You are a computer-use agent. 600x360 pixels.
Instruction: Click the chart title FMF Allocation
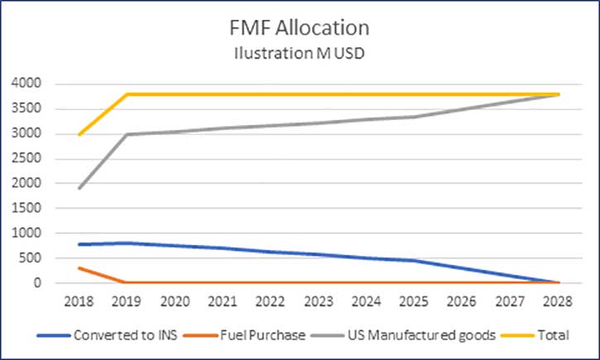pyautogui.click(x=300, y=27)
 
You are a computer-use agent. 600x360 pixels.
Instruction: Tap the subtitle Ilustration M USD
pyautogui.click(x=300, y=55)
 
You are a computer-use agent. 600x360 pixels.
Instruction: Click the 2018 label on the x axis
pyautogui.click(x=79, y=300)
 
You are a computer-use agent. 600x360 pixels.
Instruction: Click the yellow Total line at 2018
pyautogui.click(x=79, y=134)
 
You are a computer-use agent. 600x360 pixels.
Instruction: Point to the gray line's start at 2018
pyautogui.click(x=79, y=189)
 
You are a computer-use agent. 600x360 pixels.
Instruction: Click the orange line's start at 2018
pyautogui.click(x=79, y=268)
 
